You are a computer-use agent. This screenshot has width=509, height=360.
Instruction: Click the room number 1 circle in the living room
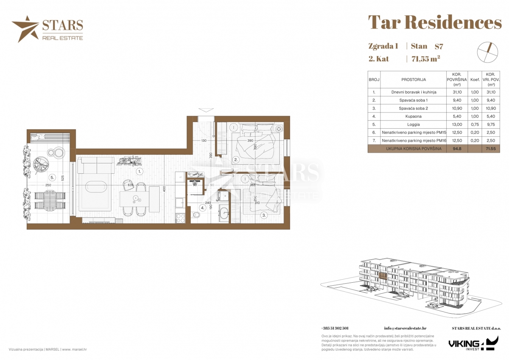pos(140,172)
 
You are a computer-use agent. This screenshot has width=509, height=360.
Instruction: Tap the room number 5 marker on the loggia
pos(52,177)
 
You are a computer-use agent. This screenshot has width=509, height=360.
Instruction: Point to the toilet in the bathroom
pos(196,216)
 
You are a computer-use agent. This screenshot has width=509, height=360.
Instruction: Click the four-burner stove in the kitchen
pos(180,218)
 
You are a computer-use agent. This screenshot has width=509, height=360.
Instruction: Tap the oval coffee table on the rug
pos(95,186)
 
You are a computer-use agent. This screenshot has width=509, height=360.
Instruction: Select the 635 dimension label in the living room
pos(130,185)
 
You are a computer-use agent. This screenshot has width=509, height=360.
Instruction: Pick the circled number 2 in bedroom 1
pos(236,160)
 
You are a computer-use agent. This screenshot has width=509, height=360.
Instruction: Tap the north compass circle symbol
pos(487,52)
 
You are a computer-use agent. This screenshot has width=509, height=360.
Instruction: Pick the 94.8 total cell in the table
pos(456,149)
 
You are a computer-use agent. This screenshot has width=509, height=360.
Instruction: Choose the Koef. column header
pos(475,79)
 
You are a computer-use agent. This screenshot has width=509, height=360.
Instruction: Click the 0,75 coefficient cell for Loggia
pos(475,125)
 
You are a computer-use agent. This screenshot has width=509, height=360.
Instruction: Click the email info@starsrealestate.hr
pos(405,328)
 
